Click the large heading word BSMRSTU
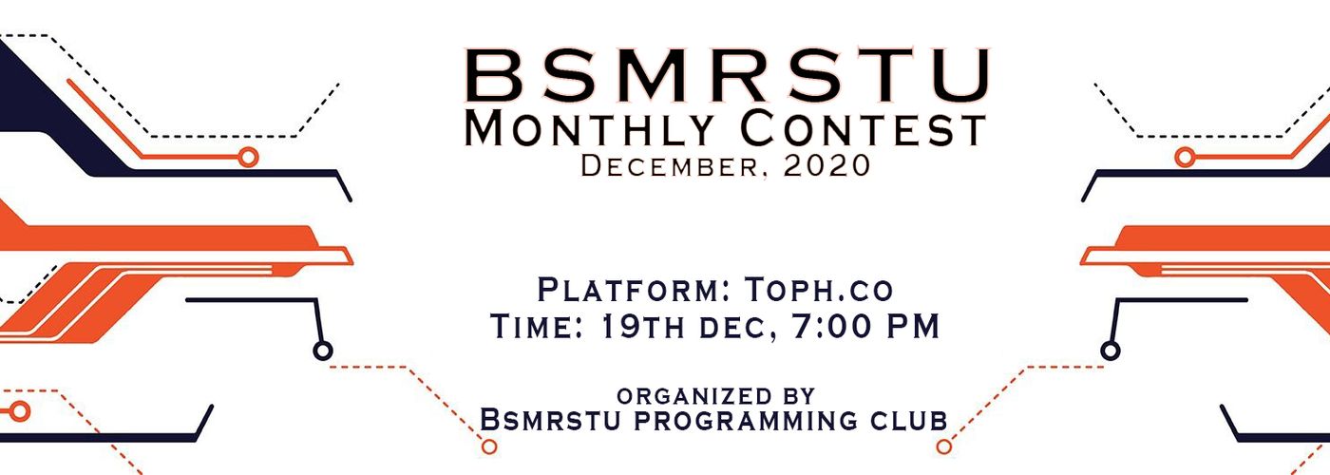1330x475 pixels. tap(727, 75)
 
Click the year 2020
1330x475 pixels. tap(826, 165)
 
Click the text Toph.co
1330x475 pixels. tap(819, 290)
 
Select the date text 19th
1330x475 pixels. tap(642, 326)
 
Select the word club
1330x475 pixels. tap(908, 420)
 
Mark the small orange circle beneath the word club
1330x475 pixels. tap(943, 446)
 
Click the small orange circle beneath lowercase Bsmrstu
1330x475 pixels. tap(489, 446)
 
